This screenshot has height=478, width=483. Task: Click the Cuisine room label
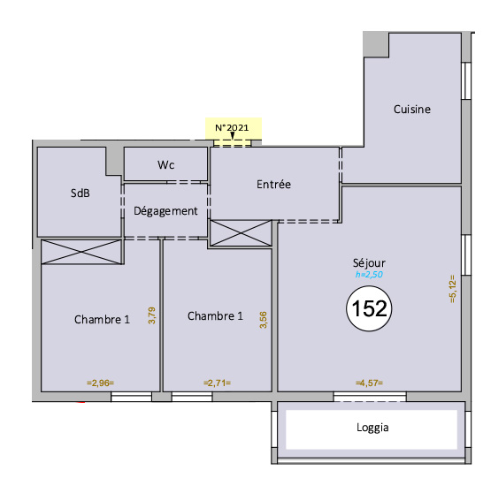(x=412, y=110)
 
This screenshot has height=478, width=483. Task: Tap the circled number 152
(x=369, y=308)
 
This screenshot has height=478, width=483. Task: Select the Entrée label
(x=273, y=185)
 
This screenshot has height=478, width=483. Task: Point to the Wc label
(x=165, y=165)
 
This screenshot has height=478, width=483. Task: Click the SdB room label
(x=80, y=193)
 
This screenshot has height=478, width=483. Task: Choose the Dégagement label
(x=165, y=211)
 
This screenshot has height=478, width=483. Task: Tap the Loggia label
(x=372, y=428)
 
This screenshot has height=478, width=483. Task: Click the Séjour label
(x=369, y=263)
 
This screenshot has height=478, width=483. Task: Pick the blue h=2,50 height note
(x=369, y=274)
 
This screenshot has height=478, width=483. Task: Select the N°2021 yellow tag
(x=234, y=128)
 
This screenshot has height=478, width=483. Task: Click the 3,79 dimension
(x=152, y=315)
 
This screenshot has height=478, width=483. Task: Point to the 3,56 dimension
(x=264, y=320)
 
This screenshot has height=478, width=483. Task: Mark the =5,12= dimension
(x=453, y=289)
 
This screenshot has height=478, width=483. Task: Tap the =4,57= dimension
(x=370, y=383)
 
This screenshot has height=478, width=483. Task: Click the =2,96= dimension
(x=101, y=383)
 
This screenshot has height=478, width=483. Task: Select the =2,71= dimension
(x=217, y=383)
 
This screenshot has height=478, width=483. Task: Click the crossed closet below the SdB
(x=81, y=252)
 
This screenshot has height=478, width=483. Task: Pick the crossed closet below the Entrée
(x=241, y=233)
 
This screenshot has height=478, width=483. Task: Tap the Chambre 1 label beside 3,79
(x=102, y=320)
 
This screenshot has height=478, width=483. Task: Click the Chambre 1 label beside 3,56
(x=215, y=316)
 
